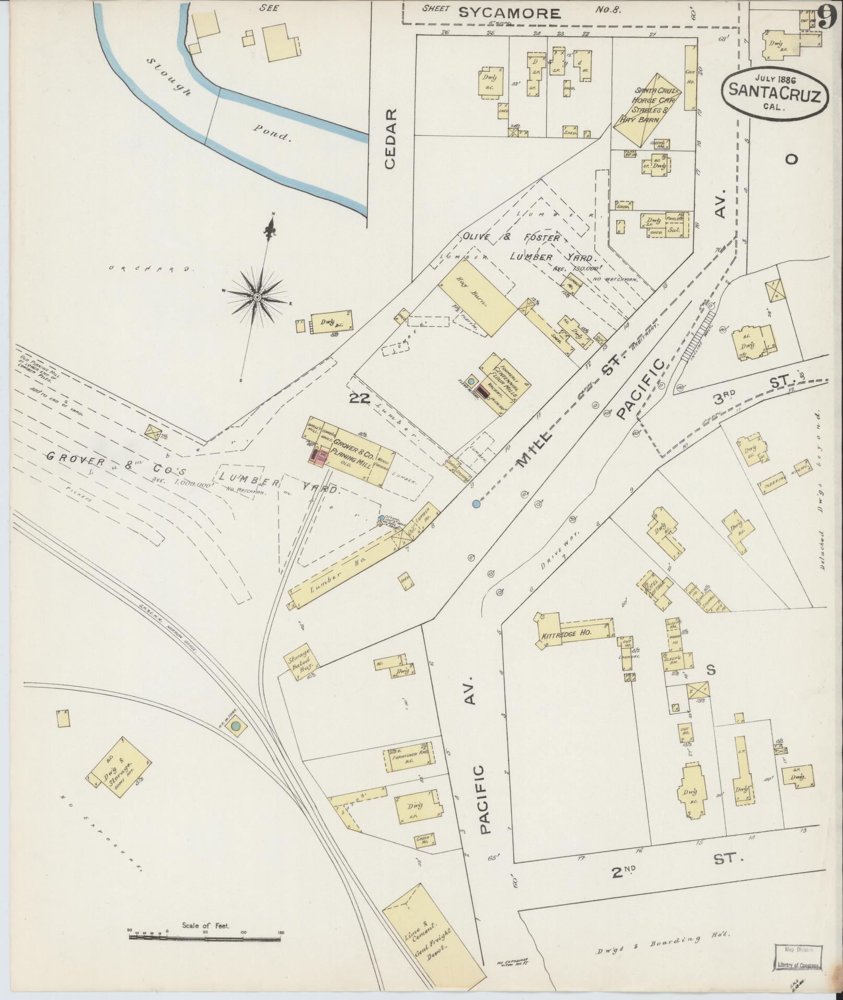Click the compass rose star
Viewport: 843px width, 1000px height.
(x=257, y=297)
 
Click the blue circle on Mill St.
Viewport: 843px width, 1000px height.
(x=476, y=504)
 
